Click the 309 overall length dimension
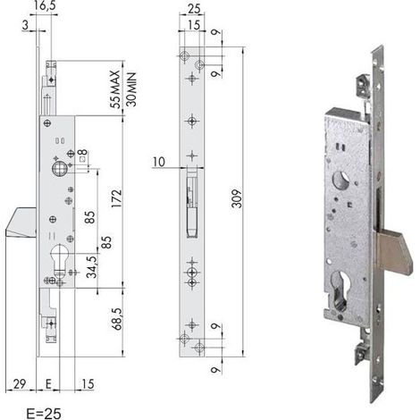[237, 198]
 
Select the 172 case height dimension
[116, 198]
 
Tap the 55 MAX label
[114, 89]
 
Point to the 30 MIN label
[131, 89]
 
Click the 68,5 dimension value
[117, 319]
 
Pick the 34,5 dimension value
[91, 267]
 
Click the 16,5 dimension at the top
[45, 6]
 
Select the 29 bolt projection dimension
[20, 383]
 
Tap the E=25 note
[44, 414]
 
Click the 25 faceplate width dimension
[194, 9]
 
